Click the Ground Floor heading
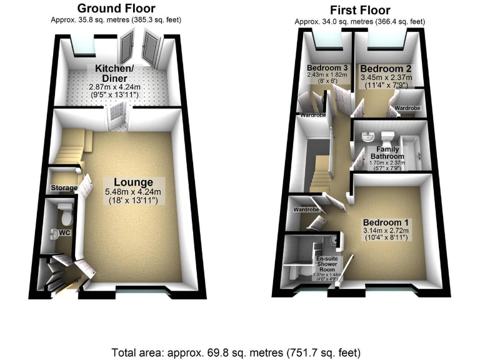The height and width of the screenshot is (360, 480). pyautogui.click(x=116, y=8)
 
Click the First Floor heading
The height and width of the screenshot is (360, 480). pyautogui.click(x=360, y=10)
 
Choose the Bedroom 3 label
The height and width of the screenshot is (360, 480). pyautogui.click(x=327, y=67)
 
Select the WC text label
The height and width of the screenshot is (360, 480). pyautogui.click(x=62, y=233)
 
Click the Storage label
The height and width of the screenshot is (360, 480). pyautogui.click(x=64, y=187)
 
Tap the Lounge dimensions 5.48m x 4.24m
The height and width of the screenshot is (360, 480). pyautogui.click(x=134, y=192)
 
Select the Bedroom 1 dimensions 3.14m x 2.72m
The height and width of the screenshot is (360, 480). pyautogui.click(x=386, y=230)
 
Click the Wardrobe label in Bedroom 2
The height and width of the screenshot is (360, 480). pyautogui.click(x=406, y=108)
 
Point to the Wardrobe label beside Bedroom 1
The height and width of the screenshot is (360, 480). pyautogui.click(x=306, y=210)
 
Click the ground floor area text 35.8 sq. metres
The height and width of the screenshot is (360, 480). pyautogui.click(x=116, y=19)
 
